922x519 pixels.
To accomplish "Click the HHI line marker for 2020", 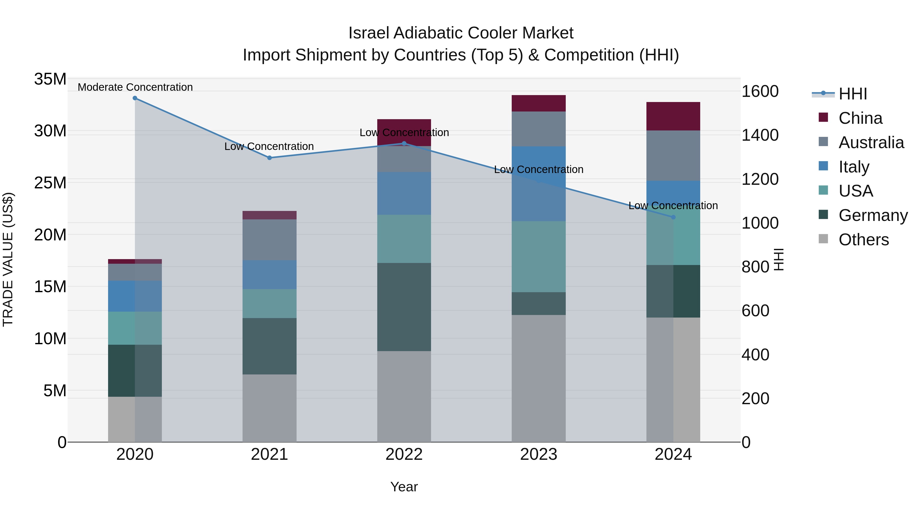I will click(135, 98).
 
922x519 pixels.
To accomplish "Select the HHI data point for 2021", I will click(269, 158).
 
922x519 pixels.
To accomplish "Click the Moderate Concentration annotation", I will click(135, 87).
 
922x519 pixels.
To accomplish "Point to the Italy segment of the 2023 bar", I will click(538, 184).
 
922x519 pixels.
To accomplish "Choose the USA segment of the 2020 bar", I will click(135, 328).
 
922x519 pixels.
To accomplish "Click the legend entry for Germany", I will click(873, 215).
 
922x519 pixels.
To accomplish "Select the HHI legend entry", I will click(853, 94).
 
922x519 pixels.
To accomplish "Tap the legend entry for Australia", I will click(871, 143).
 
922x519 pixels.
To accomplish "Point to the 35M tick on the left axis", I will click(50, 79).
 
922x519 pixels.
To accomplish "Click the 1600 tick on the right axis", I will click(760, 91).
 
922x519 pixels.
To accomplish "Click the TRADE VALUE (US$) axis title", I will click(8, 259).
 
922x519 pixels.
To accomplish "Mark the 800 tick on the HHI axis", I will click(755, 267).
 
